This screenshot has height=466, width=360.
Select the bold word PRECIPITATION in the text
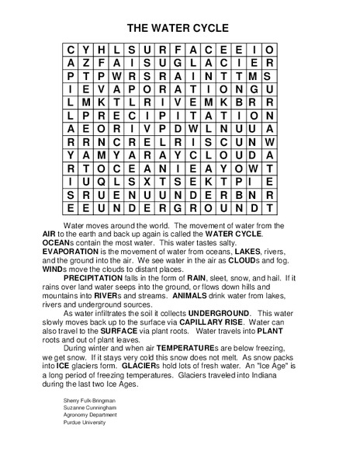(99, 276)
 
